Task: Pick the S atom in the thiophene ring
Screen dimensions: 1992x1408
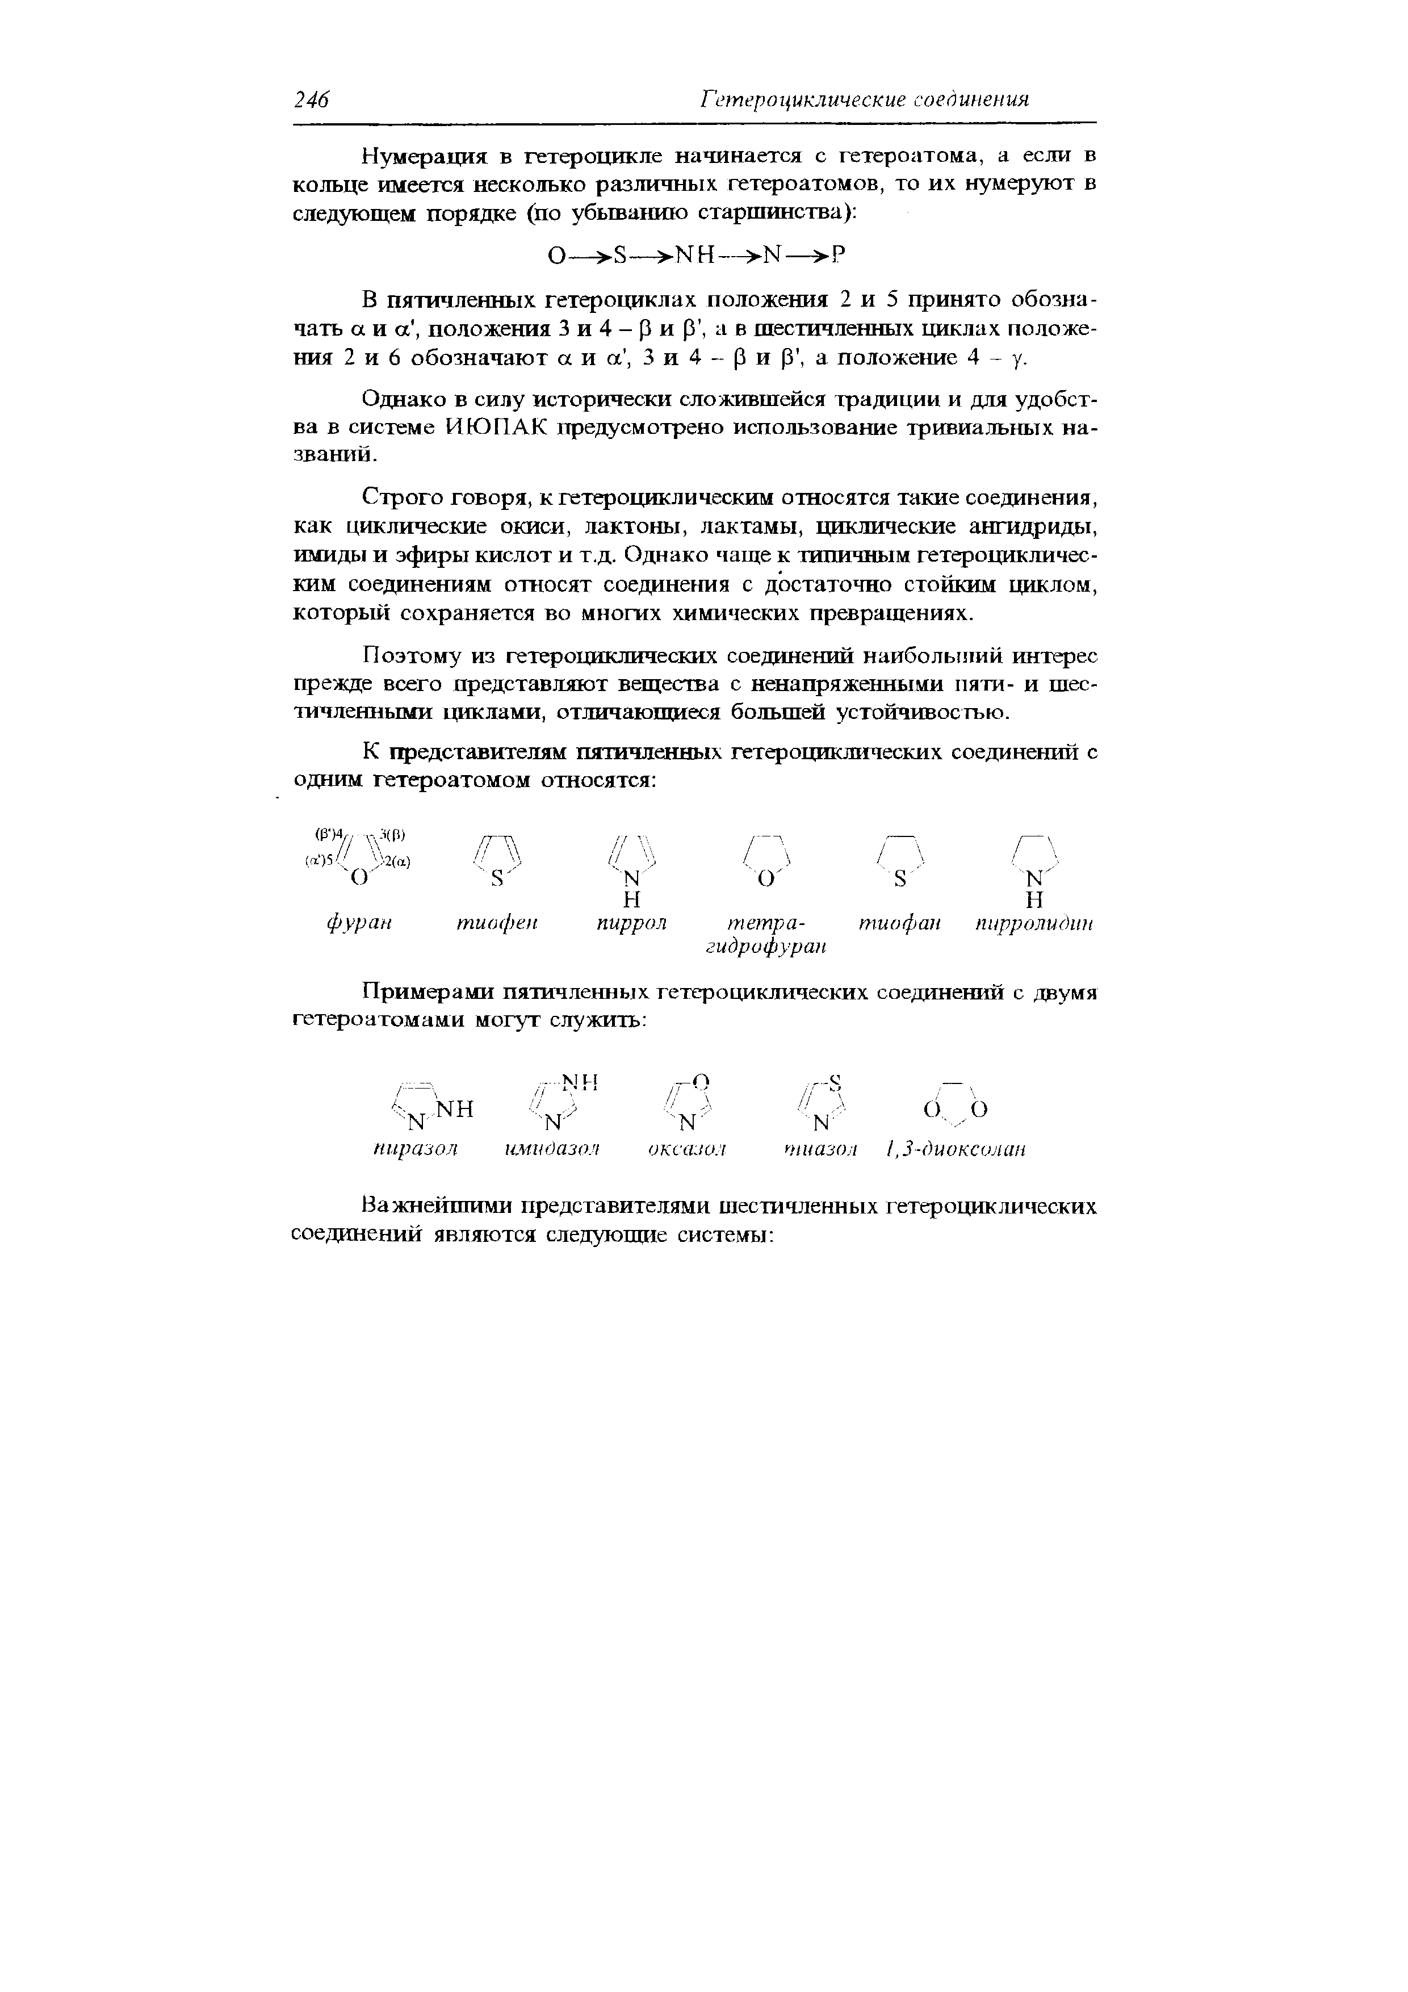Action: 498,879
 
